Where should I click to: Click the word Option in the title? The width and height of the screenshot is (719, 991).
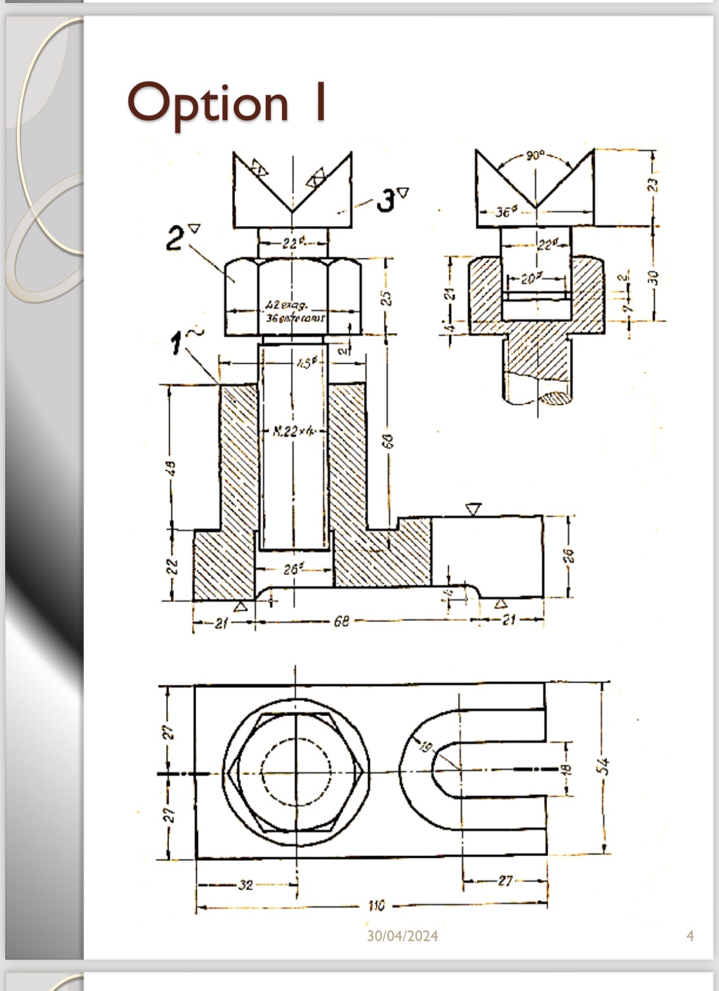[207, 103]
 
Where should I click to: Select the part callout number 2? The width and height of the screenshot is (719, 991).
[175, 238]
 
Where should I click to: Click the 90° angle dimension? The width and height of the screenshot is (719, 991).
[535, 155]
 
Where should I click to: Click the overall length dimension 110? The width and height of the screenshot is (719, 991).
[376, 905]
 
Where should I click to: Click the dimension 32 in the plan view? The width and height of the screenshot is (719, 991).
[245, 885]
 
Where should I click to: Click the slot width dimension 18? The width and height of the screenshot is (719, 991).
[567, 769]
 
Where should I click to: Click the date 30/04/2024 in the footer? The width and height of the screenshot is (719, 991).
[402, 936]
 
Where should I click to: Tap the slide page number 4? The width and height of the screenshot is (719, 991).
[689, 935]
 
